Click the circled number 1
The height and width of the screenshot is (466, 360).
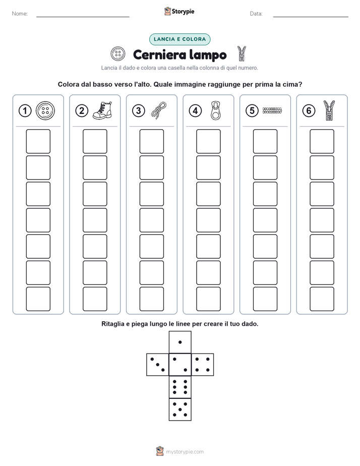click(25, 111)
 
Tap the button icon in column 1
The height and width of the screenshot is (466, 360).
click(45, 111)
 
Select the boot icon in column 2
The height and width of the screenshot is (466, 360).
click(102, 110)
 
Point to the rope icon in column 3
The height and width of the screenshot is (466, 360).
click(159, 110)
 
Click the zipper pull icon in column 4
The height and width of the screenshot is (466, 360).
click(216, 110)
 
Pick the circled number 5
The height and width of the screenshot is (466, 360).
click(252, 111)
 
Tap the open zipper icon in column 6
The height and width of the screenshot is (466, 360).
click(329, 110)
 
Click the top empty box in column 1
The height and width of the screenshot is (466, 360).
click(38, 141)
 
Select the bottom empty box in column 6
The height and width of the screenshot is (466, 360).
click(322, 299)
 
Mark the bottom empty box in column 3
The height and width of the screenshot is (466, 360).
click(152, 299)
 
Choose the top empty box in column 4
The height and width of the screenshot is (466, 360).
click(209, 141)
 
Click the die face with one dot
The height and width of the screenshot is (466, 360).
click(180, 342)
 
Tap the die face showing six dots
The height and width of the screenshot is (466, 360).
click(180, 387)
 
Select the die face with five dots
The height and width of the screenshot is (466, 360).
click(180, 410)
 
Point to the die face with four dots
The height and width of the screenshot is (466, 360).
click(203, 365)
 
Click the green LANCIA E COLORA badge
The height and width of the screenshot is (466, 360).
click(179, 39)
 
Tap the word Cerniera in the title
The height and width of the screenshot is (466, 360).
click(160, 54)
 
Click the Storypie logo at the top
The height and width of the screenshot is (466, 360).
click(179, 12)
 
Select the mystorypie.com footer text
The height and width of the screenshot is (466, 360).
click(185, 452)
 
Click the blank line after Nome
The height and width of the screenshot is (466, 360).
click(83, 17)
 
